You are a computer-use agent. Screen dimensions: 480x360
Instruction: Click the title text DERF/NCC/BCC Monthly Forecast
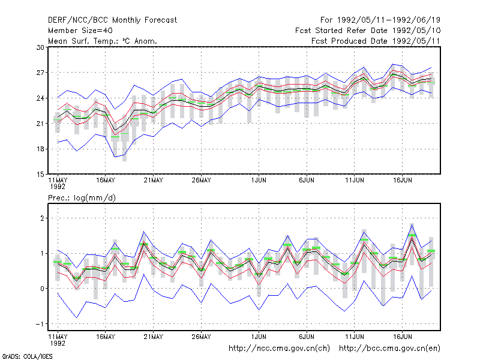tap(112, 20)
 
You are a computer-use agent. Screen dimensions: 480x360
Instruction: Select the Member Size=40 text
tap(80, 31)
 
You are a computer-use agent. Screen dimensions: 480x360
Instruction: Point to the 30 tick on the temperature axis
tap(40, 47)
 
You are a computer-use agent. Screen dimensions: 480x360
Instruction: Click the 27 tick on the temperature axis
tap(40, 73)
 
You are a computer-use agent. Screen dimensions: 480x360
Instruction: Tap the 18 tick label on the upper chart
tap(40, 149)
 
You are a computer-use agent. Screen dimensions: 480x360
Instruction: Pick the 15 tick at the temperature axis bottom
tap(40, 175)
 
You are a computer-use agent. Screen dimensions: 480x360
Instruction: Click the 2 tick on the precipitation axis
tap(42, 218)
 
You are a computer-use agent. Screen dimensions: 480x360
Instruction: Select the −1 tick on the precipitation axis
tap(40, 324)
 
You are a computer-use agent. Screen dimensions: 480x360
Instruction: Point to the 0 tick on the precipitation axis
tap(42, 289)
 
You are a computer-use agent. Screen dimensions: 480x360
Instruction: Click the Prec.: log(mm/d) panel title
tap(82, 198)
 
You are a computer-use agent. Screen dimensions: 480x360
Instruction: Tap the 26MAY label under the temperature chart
tap(201, 181)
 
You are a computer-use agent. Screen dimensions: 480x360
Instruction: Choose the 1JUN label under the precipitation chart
tap(259, 337)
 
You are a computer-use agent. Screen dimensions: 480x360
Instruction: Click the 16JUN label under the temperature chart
tap(402, 181)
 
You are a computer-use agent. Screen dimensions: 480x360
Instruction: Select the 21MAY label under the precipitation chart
tap(154, 337)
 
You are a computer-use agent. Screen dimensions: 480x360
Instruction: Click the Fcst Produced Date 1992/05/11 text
tap(376, 41)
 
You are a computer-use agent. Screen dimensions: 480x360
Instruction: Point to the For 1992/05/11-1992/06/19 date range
tap(380, 20)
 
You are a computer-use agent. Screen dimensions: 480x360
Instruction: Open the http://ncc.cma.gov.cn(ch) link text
tap(279, 349)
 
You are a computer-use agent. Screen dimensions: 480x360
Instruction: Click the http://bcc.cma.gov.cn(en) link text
tap(389, 349)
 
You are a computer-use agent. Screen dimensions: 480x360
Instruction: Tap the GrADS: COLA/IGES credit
tap(27, 356)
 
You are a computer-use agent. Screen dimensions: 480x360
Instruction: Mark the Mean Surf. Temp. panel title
tap(103, 41)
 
